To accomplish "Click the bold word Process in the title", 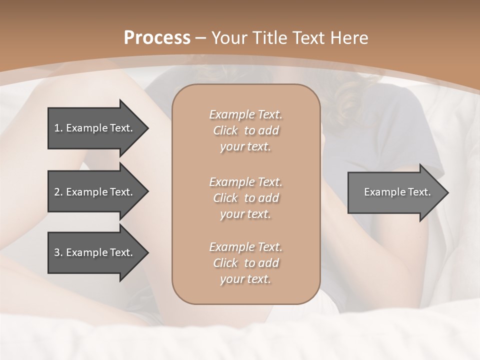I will click(157, 38).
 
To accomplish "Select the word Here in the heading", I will click(349, 38).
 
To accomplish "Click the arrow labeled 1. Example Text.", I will click(95, 128).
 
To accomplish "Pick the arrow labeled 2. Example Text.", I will click(95, 192).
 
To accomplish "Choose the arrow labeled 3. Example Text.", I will click(95, 253).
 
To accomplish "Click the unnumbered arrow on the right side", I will click(395, 192).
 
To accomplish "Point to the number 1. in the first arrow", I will click(58, 128).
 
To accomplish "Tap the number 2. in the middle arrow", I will click(58, 192).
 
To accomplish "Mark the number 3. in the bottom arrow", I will click(58, 253).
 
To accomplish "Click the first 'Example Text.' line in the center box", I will click(245, 114).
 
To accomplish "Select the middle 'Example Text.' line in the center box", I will click(245, 182).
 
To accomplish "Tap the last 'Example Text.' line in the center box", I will click(245, 247).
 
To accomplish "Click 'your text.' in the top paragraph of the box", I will click(245, 147).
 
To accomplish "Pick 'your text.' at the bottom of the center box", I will click(245, 279).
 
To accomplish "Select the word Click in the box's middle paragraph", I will click(225, 198).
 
